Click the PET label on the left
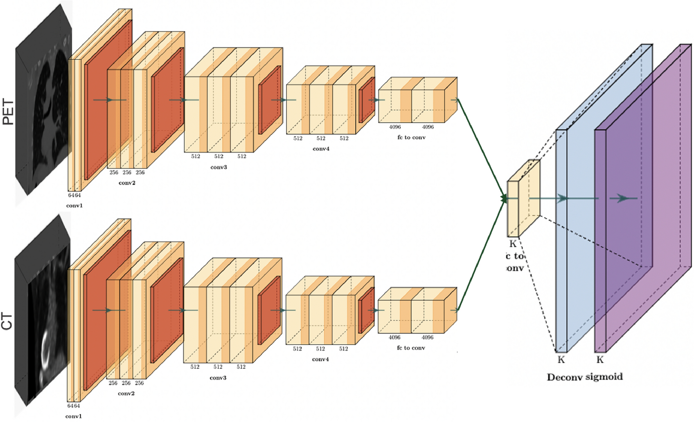pos(8,112)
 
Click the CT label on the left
pos(7,321)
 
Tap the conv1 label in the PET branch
pos(74,205)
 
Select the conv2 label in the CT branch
pos(126,393)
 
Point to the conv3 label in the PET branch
pos(219,167)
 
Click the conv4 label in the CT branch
pos(320,359)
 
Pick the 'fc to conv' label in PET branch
pos(411,138)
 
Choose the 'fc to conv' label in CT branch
pos(411,348)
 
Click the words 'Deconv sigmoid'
pos(584,377)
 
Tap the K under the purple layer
pos(600,360)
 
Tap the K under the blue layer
pos(561,360)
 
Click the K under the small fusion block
pos(513,244)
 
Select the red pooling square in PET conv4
pos(367,100)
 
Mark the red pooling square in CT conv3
pos(269,310)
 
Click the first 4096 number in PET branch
pos(395,127)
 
